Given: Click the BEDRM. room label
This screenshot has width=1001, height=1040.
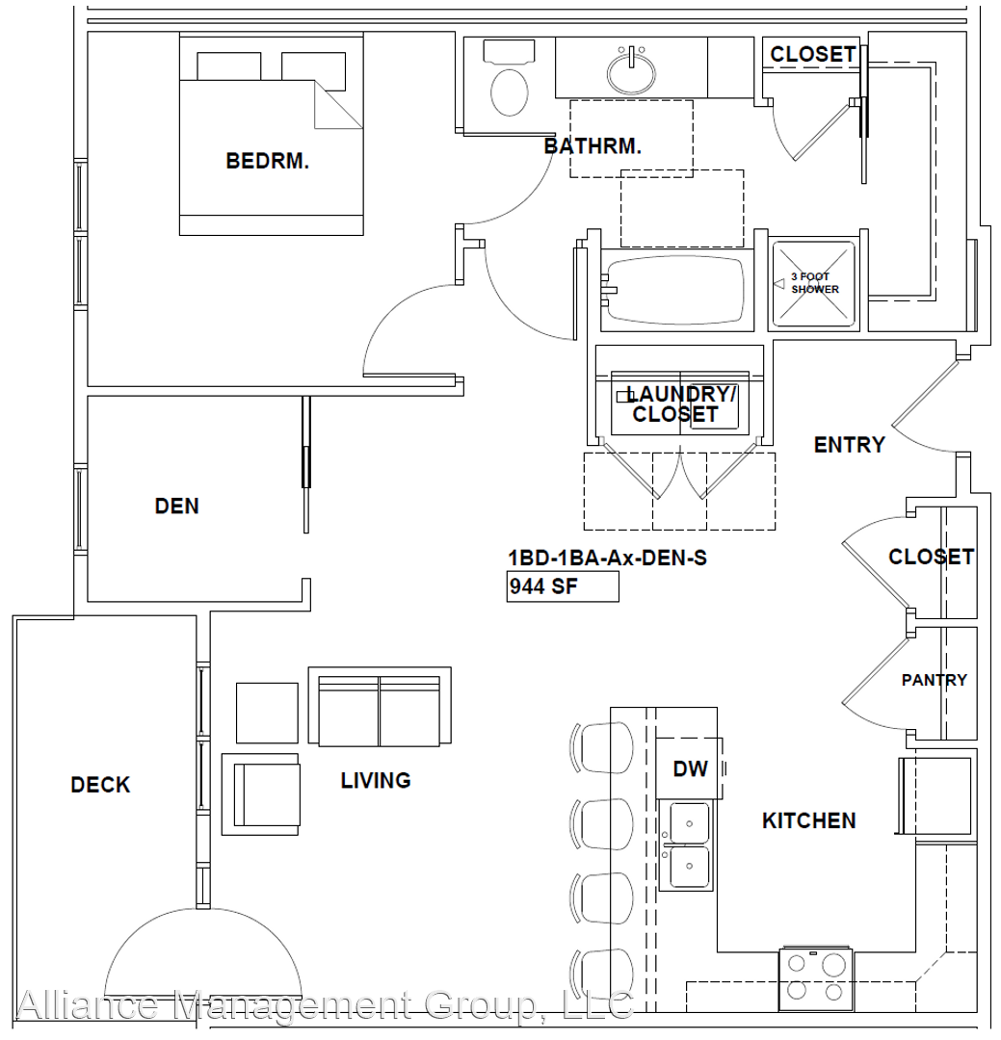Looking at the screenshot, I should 267,161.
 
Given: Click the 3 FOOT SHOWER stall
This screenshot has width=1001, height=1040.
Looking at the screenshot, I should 814,284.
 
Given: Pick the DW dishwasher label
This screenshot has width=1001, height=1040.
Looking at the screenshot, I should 690,768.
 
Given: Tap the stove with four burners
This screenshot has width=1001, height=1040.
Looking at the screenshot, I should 815,976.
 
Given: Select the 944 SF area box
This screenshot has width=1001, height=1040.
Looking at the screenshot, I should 563,585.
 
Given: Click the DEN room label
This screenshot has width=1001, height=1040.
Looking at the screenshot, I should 177,506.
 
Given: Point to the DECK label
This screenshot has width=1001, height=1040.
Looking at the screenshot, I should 100,785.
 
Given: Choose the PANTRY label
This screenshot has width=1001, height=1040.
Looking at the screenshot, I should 934,680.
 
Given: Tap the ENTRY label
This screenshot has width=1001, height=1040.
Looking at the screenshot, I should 849,444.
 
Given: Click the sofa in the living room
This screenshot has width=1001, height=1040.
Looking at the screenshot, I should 380,707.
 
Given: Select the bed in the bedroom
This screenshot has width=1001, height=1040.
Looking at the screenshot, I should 272,135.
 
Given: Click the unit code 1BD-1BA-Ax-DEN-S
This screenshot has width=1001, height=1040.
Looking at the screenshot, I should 607,557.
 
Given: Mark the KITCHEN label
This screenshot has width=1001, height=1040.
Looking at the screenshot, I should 808,820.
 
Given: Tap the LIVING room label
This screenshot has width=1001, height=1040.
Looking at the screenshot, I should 376,780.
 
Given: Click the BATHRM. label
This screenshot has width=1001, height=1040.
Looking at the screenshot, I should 593,146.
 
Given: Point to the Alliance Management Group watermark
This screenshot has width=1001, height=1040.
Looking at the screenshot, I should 324,1005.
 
